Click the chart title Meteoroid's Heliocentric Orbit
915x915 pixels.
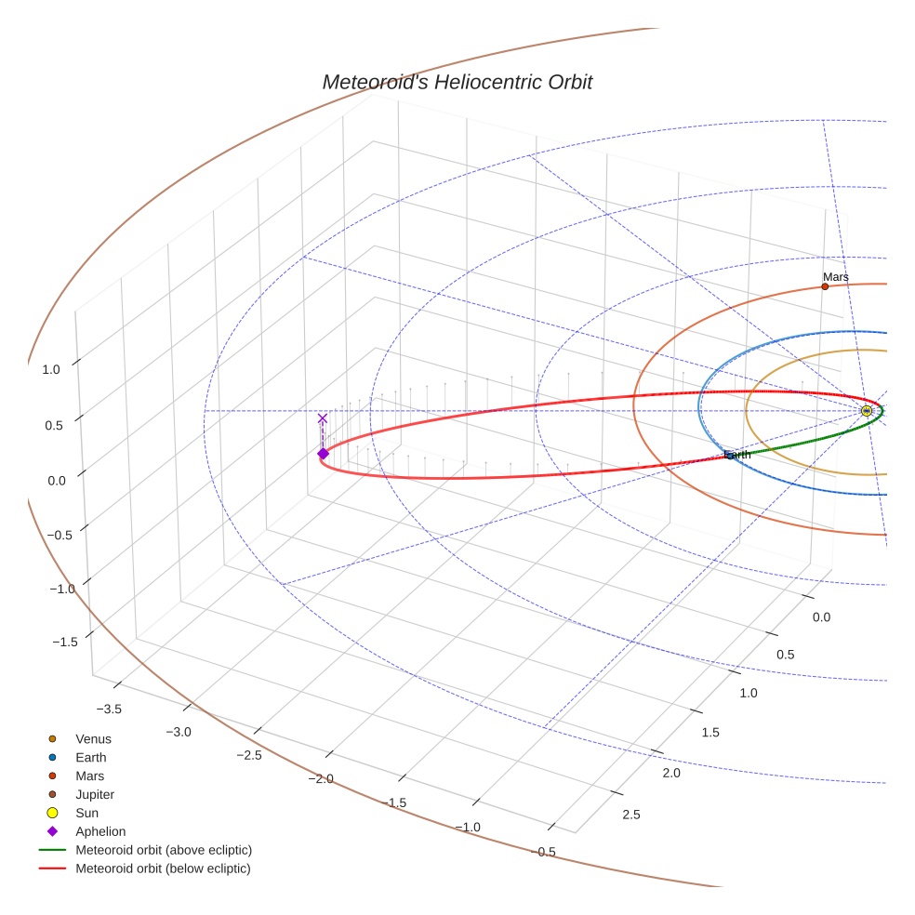click(457, 82)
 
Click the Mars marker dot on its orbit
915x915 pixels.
click(825, 286)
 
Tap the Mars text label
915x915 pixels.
click(835, 277)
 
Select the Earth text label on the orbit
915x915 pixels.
click(736, 455)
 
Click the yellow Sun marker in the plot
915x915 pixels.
click(867, 411)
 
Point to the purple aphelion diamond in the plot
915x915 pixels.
click(323, 454)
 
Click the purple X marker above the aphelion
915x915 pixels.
click(323, 418)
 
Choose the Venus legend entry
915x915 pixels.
click(93, 739)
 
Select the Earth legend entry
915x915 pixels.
click(90, 758)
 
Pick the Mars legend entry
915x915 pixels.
click(89, 776)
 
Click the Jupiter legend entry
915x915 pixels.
click(95, 794)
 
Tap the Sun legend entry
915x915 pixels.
click(87, 813)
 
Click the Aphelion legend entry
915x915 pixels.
click(100, 831)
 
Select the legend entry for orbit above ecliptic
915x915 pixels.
click(164, 850)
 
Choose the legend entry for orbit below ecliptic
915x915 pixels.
click(163, 869)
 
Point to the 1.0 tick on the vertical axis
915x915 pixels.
click(51, 369)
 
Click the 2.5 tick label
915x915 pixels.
click(630, 815)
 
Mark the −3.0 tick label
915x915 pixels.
click(179, 732)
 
